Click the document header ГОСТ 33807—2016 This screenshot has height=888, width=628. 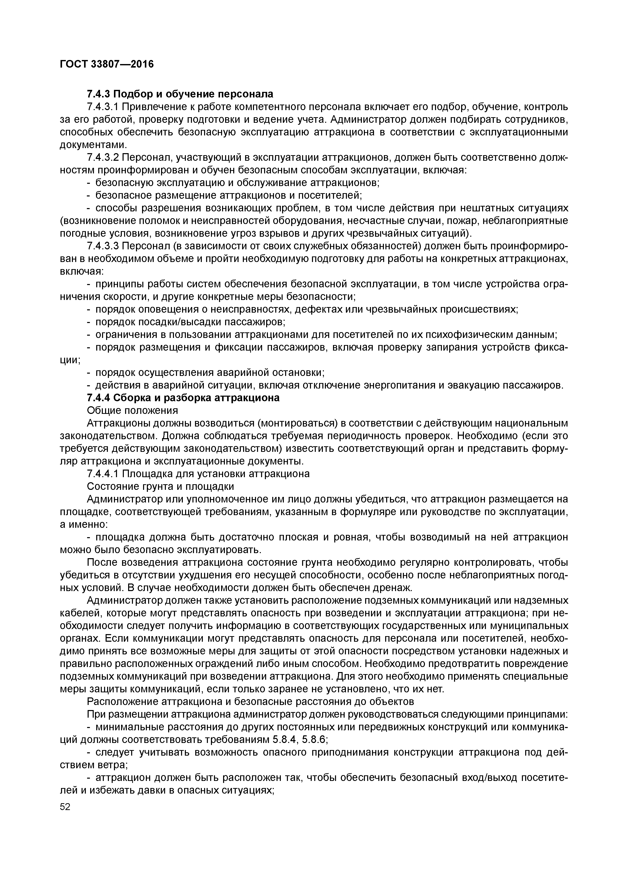107,64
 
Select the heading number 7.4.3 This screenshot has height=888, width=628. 99,94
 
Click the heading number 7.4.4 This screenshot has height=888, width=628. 99,398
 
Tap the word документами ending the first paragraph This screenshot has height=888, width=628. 93,145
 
